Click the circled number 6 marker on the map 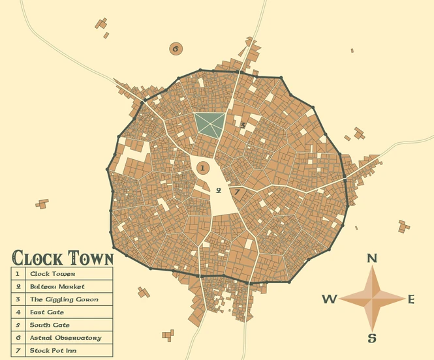tap(176, 48)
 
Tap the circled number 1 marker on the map tap(202, 168)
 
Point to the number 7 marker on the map tap(236, 192)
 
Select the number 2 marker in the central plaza tap(219, 190)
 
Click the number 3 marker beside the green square tap(243, 125)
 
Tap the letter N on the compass tap(372, 258)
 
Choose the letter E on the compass tap(411, 299)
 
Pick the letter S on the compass tap(372, 338)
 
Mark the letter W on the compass tap(330, 299)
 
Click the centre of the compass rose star tap(372, 299)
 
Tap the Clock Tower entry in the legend tap(53, 274)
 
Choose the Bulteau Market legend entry tap(57, 286)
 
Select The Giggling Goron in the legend tap(64, 299)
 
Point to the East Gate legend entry tap(47, 312)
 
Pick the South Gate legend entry tap(50, 325)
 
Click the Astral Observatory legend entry tap(65, 338)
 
